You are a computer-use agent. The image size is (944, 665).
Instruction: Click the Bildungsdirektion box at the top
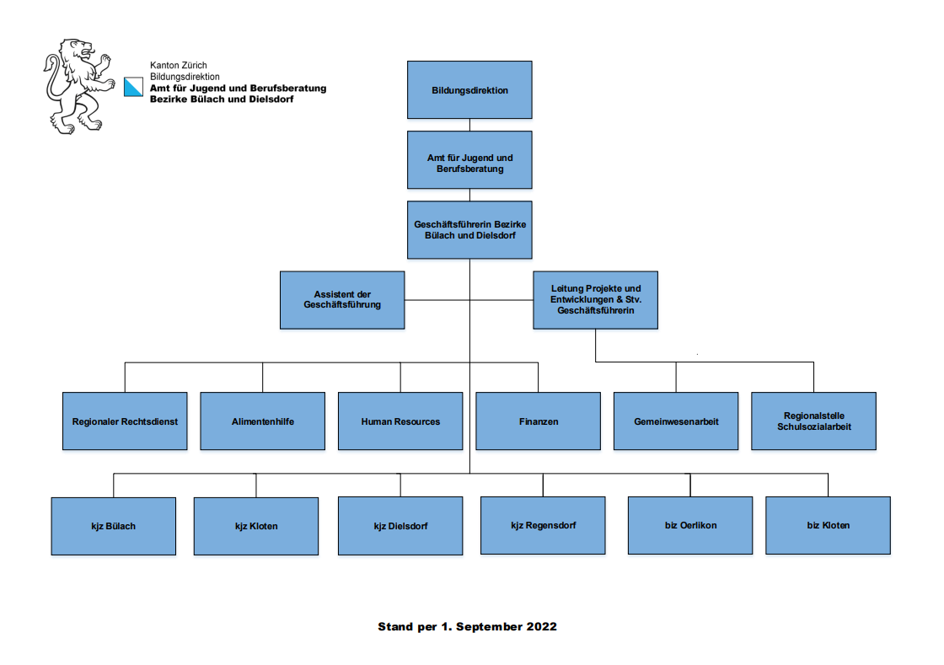(469, 90)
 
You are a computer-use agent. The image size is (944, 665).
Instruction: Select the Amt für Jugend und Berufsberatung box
(469, 160)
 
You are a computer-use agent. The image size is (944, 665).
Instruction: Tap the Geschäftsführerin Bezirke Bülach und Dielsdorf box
(469, 229)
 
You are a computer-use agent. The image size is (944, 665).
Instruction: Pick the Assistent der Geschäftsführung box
(342, 299)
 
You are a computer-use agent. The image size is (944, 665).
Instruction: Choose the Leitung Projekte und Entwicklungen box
(595, 299)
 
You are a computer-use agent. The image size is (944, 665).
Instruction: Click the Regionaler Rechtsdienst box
(125, 421)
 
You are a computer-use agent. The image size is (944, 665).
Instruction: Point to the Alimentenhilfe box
(262, 421)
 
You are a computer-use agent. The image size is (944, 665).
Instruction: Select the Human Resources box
(400, 421)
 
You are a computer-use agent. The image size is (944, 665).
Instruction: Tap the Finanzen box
(538, 421)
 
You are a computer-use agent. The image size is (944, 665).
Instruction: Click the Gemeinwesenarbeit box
(676, 421)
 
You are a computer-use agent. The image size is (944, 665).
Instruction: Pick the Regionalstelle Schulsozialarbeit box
(813, 421)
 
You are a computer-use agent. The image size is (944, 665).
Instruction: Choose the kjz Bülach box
(114, 525)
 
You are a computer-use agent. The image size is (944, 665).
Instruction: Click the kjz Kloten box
(256, 525)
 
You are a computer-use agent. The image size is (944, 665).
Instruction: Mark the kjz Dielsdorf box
(400, 525)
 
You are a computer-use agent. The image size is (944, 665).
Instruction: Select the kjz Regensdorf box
(543, 525)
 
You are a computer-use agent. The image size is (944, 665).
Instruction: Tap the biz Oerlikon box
(690, 525)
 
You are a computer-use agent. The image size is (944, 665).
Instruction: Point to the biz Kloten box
(828, 525)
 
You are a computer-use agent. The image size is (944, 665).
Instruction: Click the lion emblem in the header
(78, 85)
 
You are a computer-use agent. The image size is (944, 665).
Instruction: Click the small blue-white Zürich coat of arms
(134, 87)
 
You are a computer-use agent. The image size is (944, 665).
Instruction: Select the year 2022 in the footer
(542, 627)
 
